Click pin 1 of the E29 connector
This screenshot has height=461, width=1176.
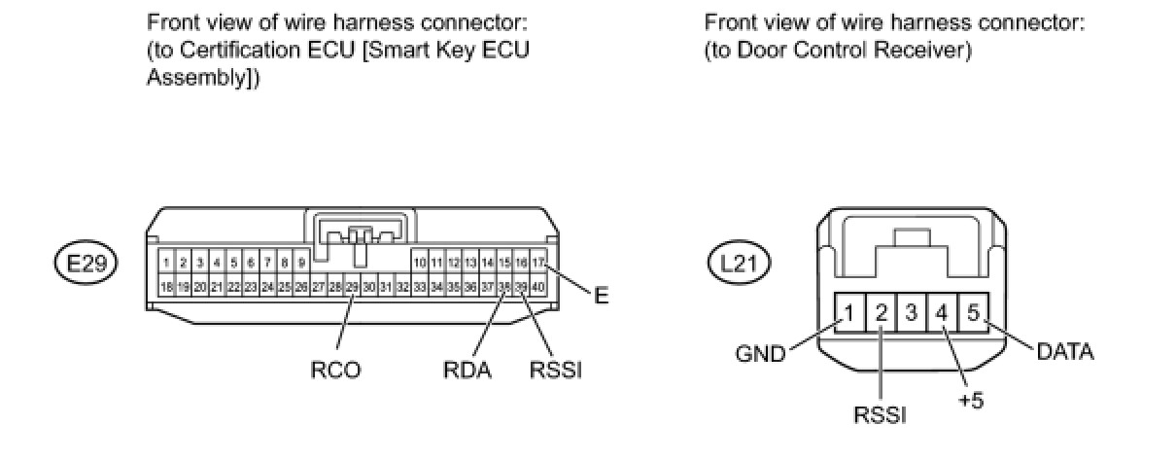tap(167, 263)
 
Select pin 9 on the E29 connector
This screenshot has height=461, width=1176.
tap(301, 263)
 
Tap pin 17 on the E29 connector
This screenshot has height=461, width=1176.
tap(538, 263)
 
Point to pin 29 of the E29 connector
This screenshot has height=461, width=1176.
tap(352, 287)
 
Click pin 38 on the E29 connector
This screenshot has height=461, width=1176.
tap(504, 287)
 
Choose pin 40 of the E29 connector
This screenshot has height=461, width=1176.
tap(538, 287)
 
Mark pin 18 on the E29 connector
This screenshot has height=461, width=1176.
tap(167, 287)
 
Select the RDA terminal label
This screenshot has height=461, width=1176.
tap(468, 370)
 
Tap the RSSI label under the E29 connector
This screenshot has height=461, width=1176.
tap(555, 370)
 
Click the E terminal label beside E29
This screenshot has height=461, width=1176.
tap(601, 297)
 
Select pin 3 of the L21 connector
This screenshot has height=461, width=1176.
tap(912, 314)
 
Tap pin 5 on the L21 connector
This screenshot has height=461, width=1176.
tap(973, 314)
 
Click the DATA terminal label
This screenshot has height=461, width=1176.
tap(1065, 351)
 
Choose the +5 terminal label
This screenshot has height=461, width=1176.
tap(969, 400)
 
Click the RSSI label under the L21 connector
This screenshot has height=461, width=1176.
tap(880, 415)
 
